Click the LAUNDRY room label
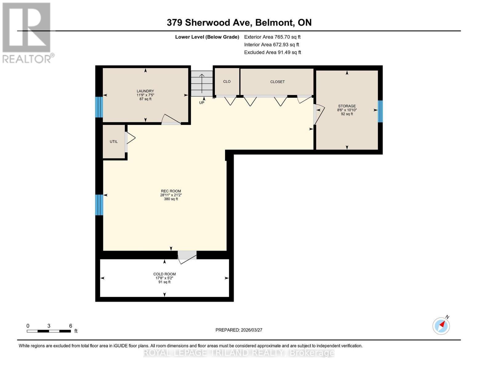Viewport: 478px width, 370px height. [x=145, y=91]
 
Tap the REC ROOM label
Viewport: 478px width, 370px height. [x=171, y=191]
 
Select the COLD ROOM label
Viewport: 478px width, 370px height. [x=164, y=274]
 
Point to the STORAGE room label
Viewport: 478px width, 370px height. [x=347, y=106]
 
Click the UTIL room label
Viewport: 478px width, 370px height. [x=114, y=142]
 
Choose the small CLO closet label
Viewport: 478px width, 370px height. [x=227, y=82]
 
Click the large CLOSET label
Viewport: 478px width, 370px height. [x=277, y=82]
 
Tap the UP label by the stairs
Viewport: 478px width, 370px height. [x=202, y=103]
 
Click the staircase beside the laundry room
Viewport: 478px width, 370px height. [x=202, y=83]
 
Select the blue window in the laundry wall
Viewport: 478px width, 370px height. [x=98, y=107]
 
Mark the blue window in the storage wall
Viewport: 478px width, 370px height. [x=380, y=111]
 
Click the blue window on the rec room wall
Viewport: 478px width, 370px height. [x=99, y=205]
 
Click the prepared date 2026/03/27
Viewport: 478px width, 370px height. [x=239, y=330]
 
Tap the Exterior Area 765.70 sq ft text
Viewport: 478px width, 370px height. [x=272, y=37]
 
